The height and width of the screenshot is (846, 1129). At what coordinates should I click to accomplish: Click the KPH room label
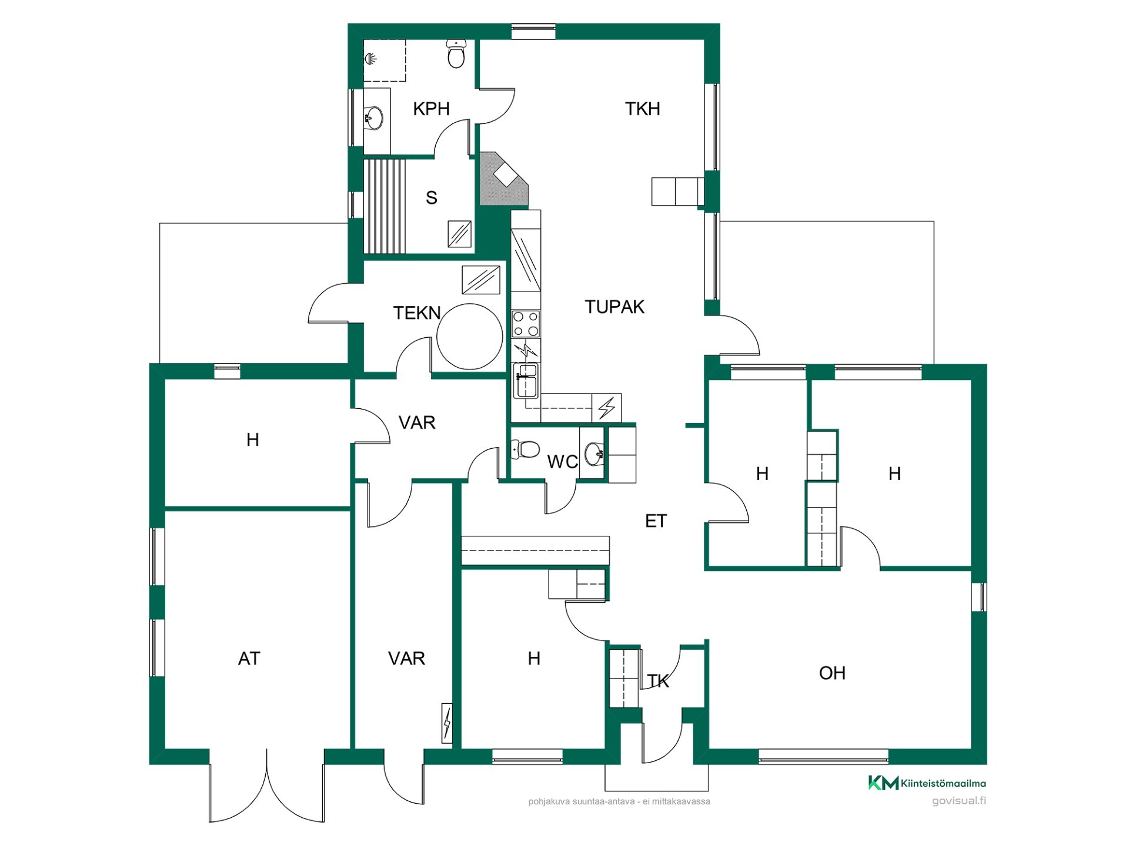click(x=431, y=109)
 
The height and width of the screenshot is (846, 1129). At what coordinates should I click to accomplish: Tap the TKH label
click(x=642, y=109)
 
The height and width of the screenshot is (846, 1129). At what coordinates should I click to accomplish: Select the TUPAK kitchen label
click(x=614, y=307)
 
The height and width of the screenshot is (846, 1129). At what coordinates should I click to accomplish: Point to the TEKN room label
click(x=417, y=313)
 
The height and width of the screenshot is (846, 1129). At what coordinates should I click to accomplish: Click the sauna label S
click(x=432, y=198)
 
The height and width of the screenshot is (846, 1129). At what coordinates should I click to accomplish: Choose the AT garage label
click(x=249, y=659)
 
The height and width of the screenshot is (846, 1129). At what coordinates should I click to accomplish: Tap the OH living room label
click(x=832, y=673)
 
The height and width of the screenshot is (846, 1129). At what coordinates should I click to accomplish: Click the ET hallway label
click(x=656, y=521)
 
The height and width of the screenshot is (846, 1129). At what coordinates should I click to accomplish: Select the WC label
click(x=562, y=462)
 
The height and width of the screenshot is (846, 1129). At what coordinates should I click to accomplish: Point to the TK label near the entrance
click(x=658, y=681)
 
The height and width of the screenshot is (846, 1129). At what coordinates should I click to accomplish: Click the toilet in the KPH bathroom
click(x=456, y=53)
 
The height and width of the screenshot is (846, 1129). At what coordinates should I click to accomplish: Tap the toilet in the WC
click(x=525, y=450)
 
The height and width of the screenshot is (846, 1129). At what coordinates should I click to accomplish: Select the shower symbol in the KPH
click(x=370, y=58)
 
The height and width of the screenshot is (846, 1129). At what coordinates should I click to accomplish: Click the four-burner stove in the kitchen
click(x=526, y=324)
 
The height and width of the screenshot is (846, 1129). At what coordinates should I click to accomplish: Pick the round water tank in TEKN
click(x=470, y=337)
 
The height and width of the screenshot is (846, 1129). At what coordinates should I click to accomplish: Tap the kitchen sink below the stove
click(x=526, y=381)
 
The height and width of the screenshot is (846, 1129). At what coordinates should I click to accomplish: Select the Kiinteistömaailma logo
click(x=927, y=783)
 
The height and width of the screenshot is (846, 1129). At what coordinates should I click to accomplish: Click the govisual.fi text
click(x=959, y=801)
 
